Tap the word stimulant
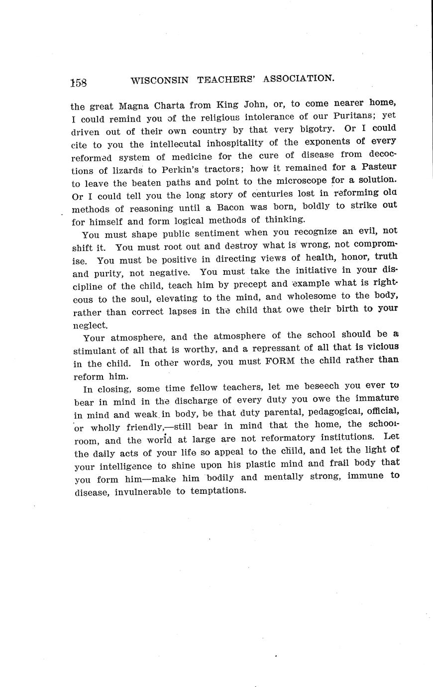(96, 350)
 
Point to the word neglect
(90, 326)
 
